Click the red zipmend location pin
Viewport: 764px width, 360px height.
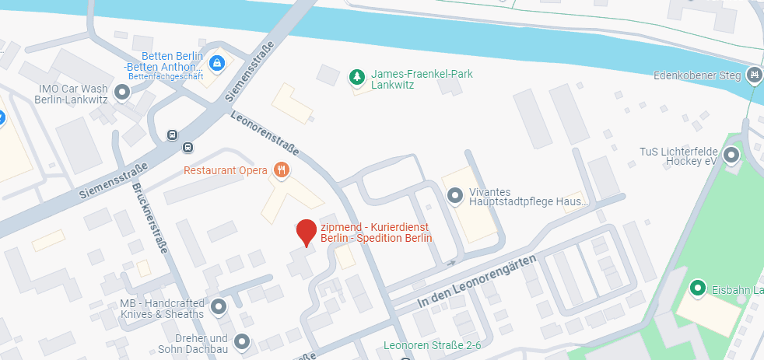(307, 232)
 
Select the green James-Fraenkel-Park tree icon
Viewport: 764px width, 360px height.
(357, 76)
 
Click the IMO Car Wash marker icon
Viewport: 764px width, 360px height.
(121, 94)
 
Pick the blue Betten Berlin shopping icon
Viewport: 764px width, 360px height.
(217, 62)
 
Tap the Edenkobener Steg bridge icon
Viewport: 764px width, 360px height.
(753, 75)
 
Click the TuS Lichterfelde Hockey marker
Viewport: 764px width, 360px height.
(731, 156)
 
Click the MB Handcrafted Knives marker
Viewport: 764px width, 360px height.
(219, 308)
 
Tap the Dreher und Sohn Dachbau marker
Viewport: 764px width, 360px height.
(242, 342)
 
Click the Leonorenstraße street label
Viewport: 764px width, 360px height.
(265, 134)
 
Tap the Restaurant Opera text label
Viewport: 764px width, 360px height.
(226, 170)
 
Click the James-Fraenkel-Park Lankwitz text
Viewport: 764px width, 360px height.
(422, 79)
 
